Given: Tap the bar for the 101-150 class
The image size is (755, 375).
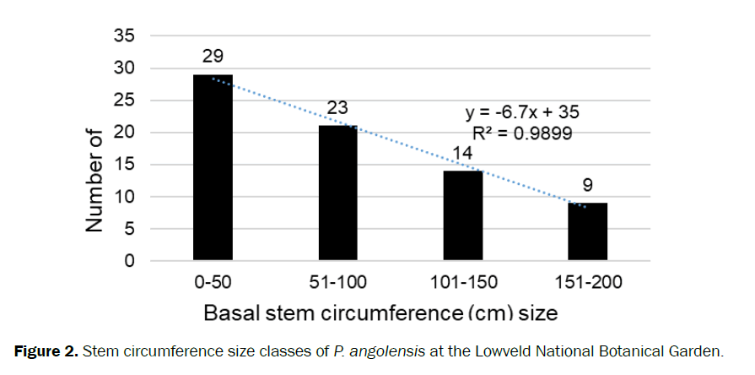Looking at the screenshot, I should click(462, 215).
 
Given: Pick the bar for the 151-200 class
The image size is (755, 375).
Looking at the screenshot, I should click(587, 231).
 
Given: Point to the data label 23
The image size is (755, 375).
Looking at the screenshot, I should click(338, 108).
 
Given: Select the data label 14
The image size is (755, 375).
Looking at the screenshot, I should click(463, 154).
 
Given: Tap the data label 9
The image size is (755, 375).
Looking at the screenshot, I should click(588, 185).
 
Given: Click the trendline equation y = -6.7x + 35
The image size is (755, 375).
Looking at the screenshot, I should click(522, 112).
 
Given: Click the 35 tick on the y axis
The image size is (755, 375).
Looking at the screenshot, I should click(126, 36).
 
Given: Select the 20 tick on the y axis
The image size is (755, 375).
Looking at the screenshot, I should click(126, 133).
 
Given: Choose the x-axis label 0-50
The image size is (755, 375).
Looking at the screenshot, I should click(213, 281).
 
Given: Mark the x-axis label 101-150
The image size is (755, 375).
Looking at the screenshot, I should click(462, 281).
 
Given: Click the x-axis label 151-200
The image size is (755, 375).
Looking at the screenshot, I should click(587, 281).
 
